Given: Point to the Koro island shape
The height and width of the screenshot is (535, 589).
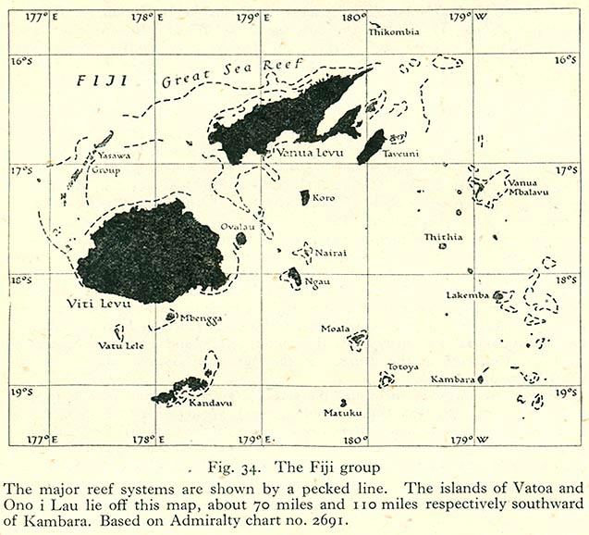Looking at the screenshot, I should (305, 197).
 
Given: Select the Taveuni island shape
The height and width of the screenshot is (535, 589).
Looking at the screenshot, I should (371, 146).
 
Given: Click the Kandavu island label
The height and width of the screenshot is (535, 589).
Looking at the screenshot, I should (209, 403).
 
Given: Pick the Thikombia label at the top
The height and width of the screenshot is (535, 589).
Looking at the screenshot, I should (394, 31).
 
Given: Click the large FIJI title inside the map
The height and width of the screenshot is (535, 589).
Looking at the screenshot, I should (99, 81).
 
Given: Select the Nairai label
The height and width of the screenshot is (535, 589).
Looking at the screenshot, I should (333, 249).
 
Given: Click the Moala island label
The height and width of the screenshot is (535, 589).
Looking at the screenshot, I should (335, 329).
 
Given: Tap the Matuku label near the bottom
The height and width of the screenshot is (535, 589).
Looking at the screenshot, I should (341, 413).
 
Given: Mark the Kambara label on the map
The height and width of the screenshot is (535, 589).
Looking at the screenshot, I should (453, 379).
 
